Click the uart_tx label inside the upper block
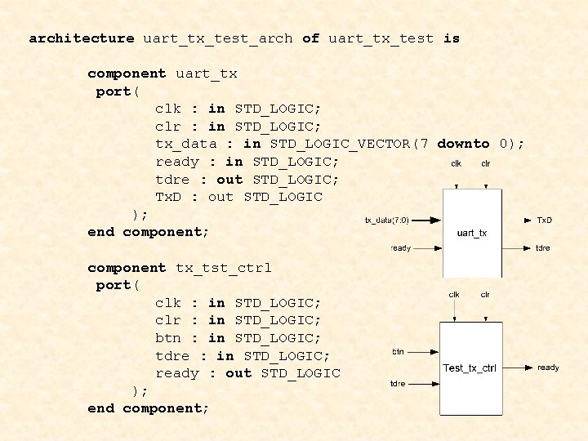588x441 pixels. [472, 233]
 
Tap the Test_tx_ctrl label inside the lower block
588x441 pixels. [469, 367]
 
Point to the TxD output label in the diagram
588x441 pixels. [543, 220]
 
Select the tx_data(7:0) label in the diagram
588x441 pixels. [386, 220]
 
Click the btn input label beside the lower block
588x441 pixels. [398, 351]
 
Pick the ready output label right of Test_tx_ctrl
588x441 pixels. [548, 367]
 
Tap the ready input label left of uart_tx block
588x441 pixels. [401, 247]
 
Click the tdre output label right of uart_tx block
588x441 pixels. [542, 247]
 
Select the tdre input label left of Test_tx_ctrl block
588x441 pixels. [398, 383]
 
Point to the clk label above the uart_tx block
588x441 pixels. [456, 163]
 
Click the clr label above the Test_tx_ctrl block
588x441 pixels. [485, 294]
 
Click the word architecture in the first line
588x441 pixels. [82, 38]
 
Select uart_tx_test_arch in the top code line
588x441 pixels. [218, 38]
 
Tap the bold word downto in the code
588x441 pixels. [463, 144]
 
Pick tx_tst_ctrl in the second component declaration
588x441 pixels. [224, 267]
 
